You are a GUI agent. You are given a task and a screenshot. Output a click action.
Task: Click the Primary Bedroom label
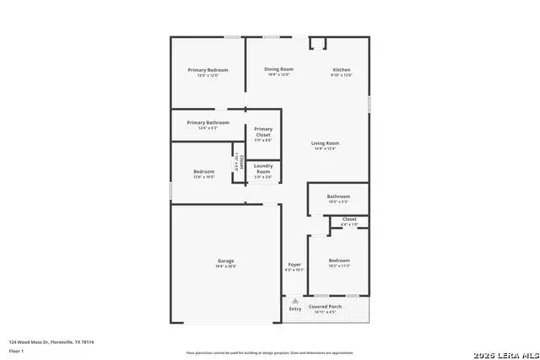[208, 69]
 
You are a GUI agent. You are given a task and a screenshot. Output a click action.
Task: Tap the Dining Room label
[278, 69]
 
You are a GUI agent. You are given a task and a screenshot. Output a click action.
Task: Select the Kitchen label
[342, 69]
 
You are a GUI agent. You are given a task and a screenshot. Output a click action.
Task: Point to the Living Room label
[325, 143]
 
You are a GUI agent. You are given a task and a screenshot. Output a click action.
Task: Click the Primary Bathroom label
[208, 122]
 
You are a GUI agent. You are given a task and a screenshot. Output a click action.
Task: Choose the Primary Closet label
[263, 132]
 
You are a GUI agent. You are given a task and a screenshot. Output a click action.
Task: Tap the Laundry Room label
[263, 168]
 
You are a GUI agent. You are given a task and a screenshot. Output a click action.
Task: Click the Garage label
[226, 261]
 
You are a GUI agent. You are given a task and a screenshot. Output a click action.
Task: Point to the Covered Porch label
[324, 307]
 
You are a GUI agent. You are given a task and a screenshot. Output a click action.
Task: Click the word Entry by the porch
[295, 309]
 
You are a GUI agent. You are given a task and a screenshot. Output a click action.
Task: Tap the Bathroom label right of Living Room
[337, 196]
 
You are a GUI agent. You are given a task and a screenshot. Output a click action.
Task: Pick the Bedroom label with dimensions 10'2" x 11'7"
[339, 261]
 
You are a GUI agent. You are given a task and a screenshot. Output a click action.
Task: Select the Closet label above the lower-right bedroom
[349, 219]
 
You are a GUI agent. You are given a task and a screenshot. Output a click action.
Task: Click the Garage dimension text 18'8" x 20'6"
[226, 266]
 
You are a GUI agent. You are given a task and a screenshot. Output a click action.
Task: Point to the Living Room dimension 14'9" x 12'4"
[325, 149]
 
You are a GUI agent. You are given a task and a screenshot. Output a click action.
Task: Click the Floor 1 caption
[16, 350]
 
